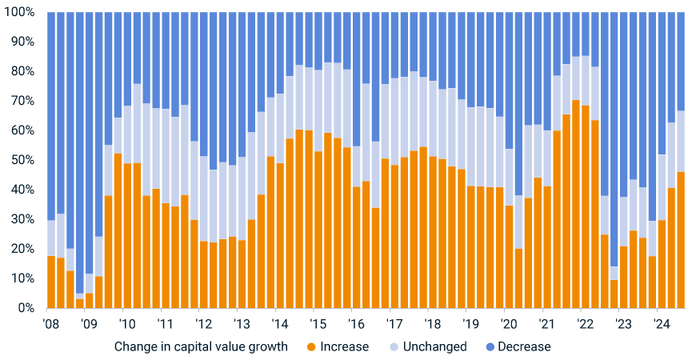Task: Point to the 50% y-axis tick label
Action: (22, 160)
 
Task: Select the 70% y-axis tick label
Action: (22, 102)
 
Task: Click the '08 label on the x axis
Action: (50, 324)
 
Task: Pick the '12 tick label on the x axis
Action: (203, 324)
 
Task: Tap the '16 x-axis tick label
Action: (356, 324)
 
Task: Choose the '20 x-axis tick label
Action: (509, 324)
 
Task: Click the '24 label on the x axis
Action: (662, 324)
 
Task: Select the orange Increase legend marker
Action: (311, 347)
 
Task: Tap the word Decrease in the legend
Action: (524, 347)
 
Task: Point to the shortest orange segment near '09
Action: (79, 303)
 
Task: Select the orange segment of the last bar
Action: (680, 240)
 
